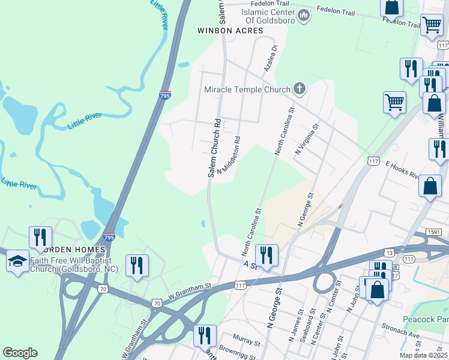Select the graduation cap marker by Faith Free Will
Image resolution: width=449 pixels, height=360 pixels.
[x=17, y=261]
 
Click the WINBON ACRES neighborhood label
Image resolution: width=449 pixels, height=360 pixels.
[x=230, y=30]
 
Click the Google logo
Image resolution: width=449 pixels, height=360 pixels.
[x=20, y=352]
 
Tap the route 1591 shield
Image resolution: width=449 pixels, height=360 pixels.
[x=434, y=232]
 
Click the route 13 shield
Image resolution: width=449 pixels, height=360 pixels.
[x=390, y=253]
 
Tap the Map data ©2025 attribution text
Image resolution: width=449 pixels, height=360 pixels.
[x=424, y=355]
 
